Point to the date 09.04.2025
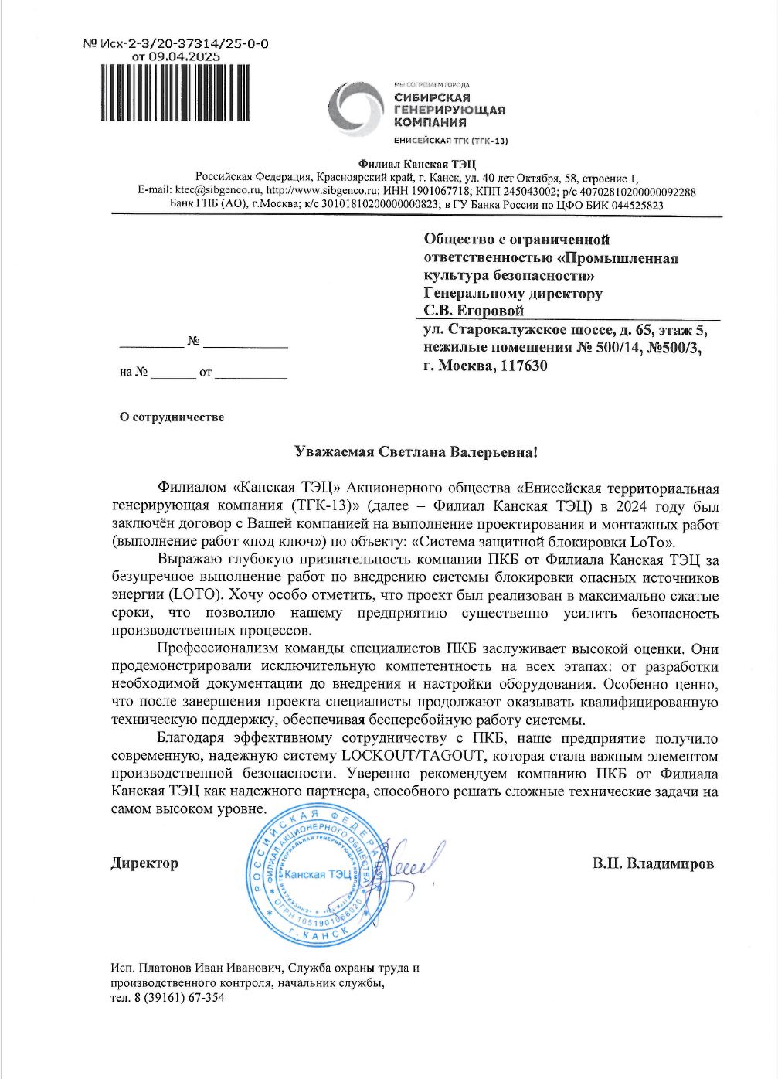(189, 56)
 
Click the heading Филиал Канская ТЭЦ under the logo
(417, 163)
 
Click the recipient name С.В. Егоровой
(474, 311)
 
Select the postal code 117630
(523, 366)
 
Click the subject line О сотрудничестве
(172, 417)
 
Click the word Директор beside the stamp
(144, 863)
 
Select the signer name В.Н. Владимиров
(654, 863)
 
